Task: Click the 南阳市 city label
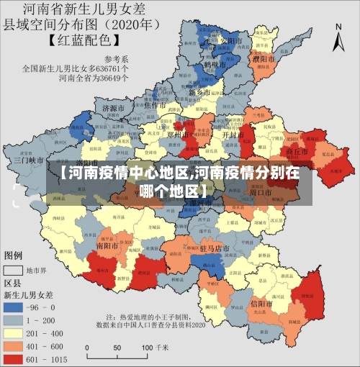(x=109, y=245)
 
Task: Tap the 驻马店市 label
(x=214, y=248)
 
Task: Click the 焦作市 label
(x=156, y=105)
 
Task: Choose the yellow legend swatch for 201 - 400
(x=14, y=332)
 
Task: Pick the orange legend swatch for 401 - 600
(x=14, y=345)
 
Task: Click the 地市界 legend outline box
(x=14, y=271)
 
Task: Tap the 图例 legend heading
(x=14, y=255)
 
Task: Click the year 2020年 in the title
(x=138, y=24)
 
